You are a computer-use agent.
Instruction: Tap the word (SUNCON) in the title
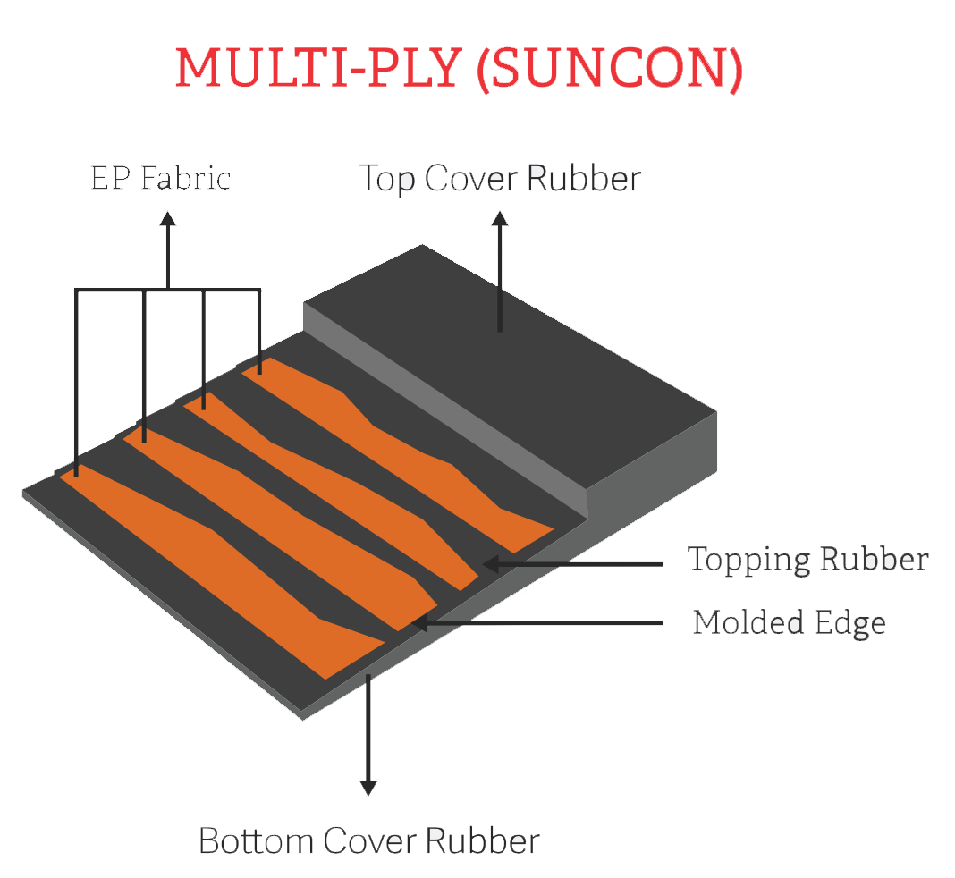coord(609,69)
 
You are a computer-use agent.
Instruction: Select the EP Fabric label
coord(160,178)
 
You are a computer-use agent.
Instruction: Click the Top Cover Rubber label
coord(499,178)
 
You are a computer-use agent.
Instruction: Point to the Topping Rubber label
coord(807,560)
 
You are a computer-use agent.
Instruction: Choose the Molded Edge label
coord(789,622)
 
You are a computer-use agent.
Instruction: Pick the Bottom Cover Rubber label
coord(368,841)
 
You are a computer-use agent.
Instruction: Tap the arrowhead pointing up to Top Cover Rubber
coord(500,218)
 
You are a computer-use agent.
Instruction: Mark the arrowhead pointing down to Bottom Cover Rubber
coord(368,786)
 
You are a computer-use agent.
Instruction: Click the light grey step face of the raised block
coord(447,402)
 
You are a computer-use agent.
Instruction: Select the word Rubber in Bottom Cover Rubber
coord(483,841)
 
